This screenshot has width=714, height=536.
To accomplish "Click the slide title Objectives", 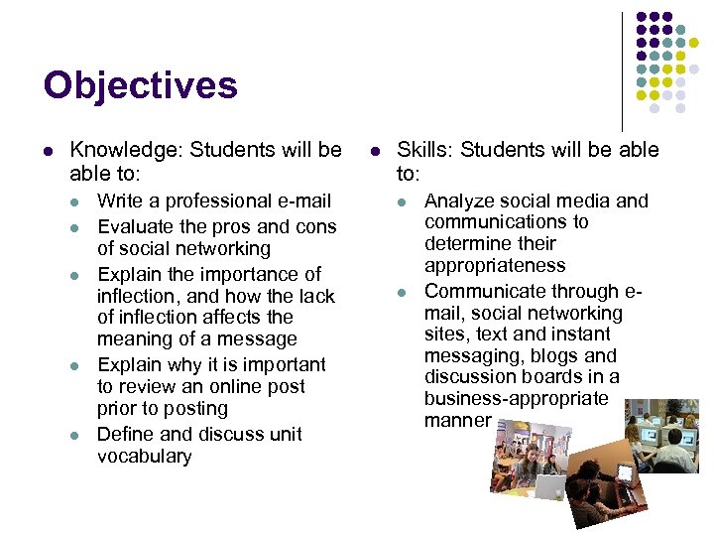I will pyautogui.click(x=140, y=85).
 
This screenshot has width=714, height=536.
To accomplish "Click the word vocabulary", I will pyautogui.click(x=144, y=457).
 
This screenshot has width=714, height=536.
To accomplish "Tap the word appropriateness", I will pyautogui.click(x=494, y=266).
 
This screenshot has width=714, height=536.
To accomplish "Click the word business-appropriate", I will pyautogui.click(x=516, y=398).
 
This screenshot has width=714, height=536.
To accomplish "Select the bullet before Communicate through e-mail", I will pyautogui.click(x=402, y=292).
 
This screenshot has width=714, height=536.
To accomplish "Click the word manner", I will pyautogui.click(x=457, y=420).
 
